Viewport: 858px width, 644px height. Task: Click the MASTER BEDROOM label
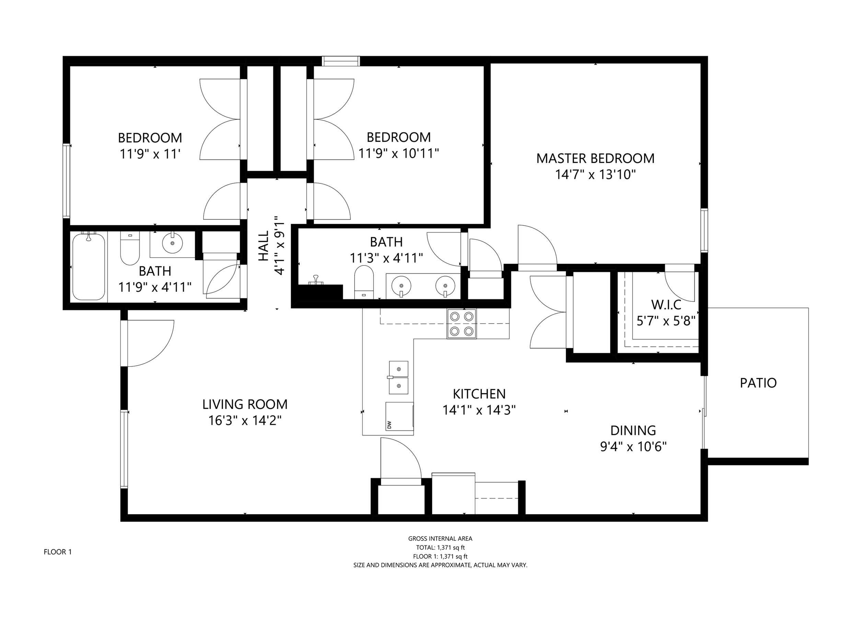[595, 158]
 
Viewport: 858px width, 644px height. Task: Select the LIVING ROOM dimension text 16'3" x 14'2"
[245, 420]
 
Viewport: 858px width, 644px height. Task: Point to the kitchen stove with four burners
[462, 324]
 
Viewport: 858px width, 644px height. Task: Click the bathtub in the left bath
[89, 266]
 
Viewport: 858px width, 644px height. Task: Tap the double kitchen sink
[398, 377]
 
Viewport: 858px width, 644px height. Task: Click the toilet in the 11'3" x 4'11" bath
[364, 283]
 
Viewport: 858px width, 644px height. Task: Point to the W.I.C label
[666, 304]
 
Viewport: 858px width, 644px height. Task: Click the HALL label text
[263, 246]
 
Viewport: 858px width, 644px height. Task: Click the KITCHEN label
[479, 394]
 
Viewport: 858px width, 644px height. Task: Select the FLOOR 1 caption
[58, 552]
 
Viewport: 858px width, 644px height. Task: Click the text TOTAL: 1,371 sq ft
[440, 548]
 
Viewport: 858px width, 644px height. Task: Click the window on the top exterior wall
[341, 61]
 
